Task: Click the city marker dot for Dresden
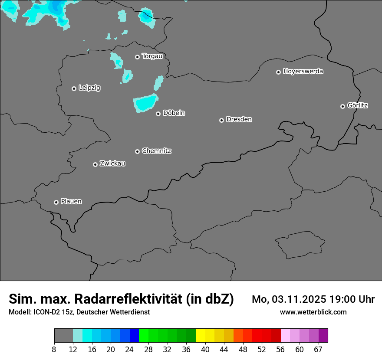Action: tap(221, 120)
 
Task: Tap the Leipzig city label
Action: tap(89, 88)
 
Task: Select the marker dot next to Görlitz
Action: tap(342, 106)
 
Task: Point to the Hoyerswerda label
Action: tap(303, 71)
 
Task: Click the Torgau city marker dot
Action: tap(137, 57)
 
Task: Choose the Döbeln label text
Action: tap(174, 113)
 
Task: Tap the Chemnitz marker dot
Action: tap(137, 151)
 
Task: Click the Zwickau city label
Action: tap(112, 164)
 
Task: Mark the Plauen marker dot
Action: tap(56, 202)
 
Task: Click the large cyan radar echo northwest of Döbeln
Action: tap(145, 103)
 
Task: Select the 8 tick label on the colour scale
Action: tap(54, 350)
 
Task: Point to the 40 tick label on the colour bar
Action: tap(205, 350)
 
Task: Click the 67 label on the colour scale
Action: tap(318, 350)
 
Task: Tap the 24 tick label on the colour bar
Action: tap(129, 350)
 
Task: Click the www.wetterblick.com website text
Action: tap(313, 312)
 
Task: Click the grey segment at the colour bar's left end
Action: tap(63, 336)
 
